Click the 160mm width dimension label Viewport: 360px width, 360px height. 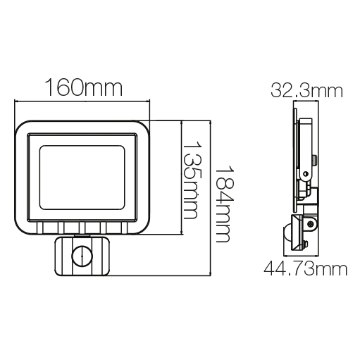point(83,89)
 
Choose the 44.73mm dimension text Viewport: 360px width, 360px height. point(305,268)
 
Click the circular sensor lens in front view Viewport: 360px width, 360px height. point(82,255)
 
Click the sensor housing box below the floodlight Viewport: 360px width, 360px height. point(82,256)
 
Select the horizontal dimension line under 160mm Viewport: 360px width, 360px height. point(83,104)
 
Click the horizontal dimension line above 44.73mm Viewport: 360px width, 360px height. point(305,255)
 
